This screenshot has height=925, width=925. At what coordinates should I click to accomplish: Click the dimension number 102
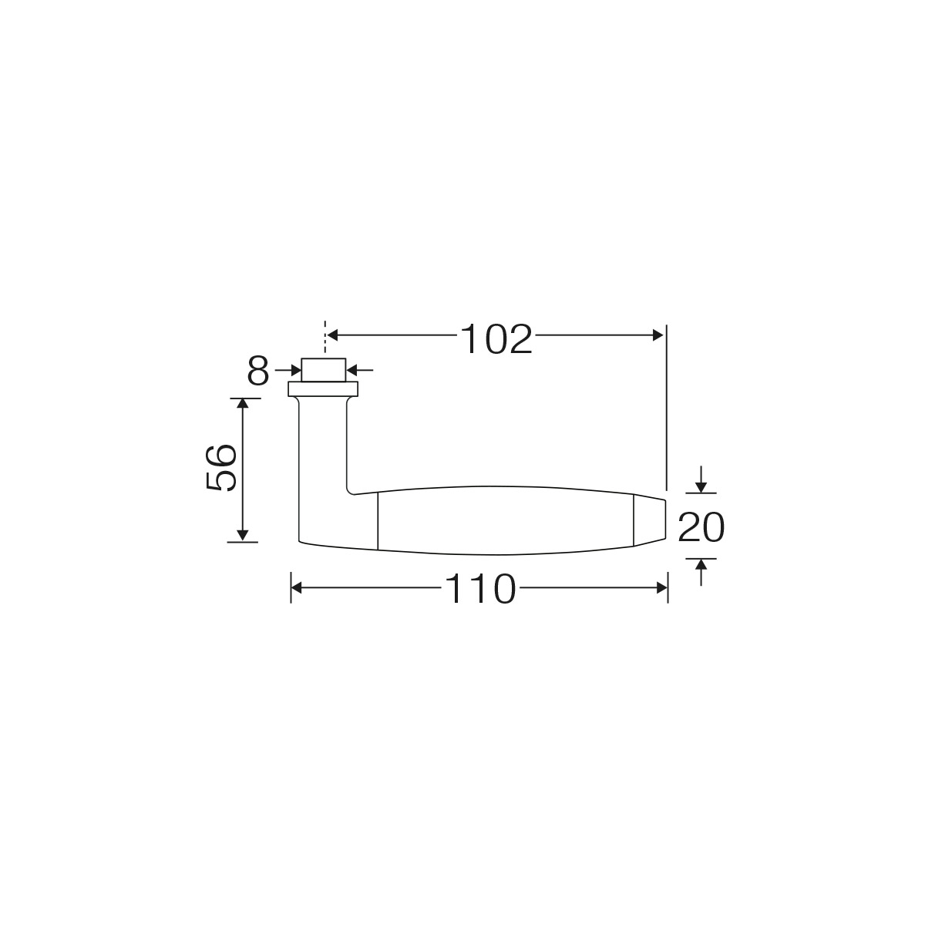pyautogui.click(x=496, y=339)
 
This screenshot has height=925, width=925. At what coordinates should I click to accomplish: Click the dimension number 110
pyautogui.click(x=480, y=589)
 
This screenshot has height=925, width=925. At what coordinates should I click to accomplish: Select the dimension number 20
pyautogui.click(x=701, y=527)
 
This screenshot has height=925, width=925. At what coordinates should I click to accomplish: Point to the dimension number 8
pyautogui.click(x=258, y=371)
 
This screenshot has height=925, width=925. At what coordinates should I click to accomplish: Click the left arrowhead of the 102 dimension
pyautogui.click(x=332, y=335)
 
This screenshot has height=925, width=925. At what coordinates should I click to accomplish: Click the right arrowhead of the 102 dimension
pyautogui.click(x=658, y=335)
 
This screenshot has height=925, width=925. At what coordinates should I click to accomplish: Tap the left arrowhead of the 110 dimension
pyautogui.click(x=296, y=588)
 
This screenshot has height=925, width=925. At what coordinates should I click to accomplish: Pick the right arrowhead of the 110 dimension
pyautogui.click(x=662, y=588)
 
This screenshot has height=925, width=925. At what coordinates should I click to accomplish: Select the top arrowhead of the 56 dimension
pyautogui.click(x=243, y=404)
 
